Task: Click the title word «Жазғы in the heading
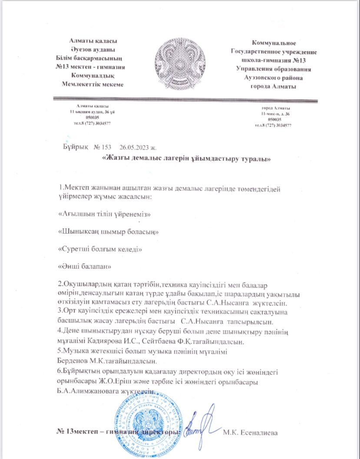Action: click(115, 159)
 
